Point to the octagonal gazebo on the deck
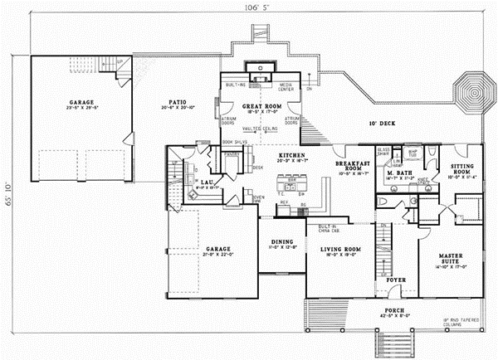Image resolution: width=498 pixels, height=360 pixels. pyautogui.click(x=473, y=88)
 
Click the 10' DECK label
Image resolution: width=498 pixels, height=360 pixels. pyautogui.click(x=382, y=124)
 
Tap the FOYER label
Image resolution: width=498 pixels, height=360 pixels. pyautogui.click(x=397, y=280)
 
